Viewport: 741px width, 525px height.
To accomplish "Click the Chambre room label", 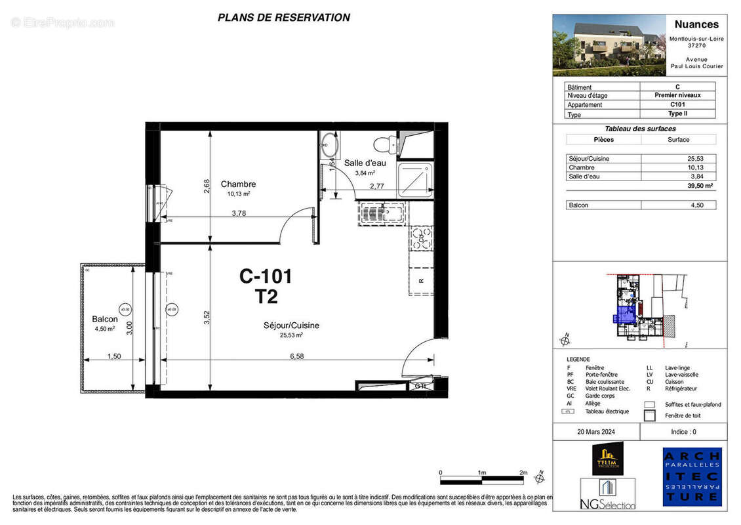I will point(238,184).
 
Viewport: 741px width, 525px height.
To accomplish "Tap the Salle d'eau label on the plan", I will point(365,163).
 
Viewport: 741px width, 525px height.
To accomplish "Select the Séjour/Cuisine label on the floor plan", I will point(291,325).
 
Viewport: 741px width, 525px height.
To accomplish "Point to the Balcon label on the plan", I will point(105,320).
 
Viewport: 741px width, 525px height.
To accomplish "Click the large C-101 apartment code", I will point(265,277).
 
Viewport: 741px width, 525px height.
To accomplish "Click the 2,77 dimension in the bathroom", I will point(377,187).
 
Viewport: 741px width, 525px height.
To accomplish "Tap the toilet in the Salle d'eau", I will point(383,143).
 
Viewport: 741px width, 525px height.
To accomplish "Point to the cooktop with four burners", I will point(420,238).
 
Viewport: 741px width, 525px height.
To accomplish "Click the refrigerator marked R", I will point(420,281).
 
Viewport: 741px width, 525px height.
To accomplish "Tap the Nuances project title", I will point(696,24).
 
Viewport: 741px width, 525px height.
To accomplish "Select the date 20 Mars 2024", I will point(596,432).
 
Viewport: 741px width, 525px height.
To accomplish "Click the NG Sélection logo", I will point(607,494).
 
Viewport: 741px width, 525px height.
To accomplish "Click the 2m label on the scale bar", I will point(523,472).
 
